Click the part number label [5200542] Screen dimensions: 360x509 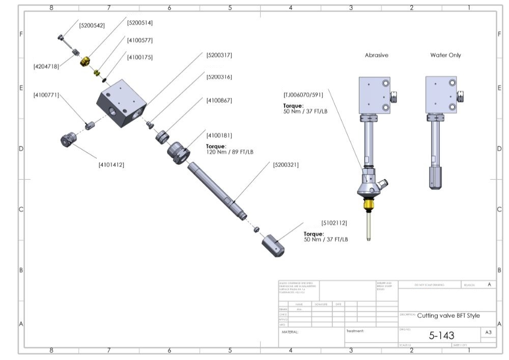pyautogui.click(x=92, y=24)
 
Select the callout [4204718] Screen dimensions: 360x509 pyautogui.click(x=46, y=66)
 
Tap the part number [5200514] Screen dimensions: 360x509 pyautogui.click(x=139, y=22)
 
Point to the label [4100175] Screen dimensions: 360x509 pyautogui.click(x=139, y=57)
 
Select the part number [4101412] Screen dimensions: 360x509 pyautogui.click(x=111, y=164)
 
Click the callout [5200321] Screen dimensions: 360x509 pyautogui.click(x=286, y=164)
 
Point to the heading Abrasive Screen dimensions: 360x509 pyautogui.click(x=377, y=55)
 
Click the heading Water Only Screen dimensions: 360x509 pyautogui.click(x=445, y=55)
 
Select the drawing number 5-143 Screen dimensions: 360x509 pyautogui.click(x=441, y=335)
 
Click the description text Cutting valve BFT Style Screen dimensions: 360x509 pyautogui.click(x=448, y=316)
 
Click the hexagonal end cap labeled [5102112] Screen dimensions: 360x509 pyautogui.click(x=273, y=245)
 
